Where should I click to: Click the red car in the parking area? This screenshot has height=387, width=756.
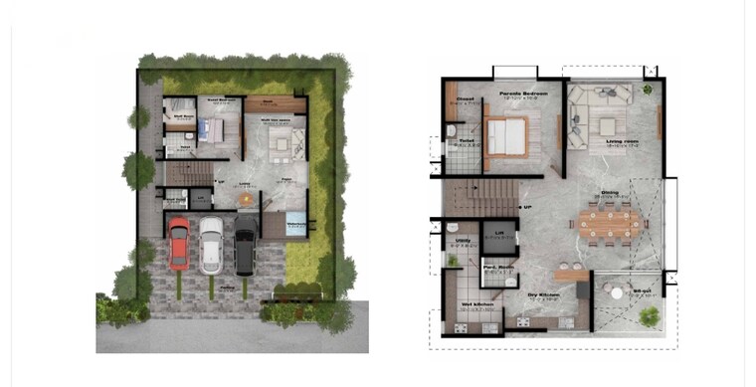pos(178,244)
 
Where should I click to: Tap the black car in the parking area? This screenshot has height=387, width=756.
pos(245,251)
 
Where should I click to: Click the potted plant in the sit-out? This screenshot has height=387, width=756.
pos(651,316)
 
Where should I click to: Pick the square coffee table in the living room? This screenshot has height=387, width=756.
pos(606,127)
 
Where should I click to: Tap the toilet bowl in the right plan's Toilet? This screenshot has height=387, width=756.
pos(451,130)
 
